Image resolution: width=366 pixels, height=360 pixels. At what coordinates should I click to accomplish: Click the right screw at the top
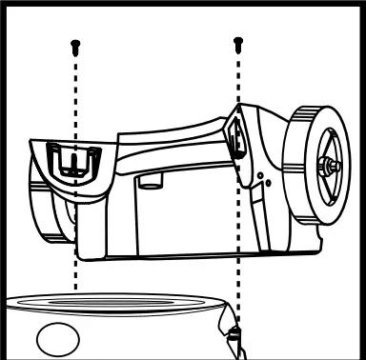tap(237, 42)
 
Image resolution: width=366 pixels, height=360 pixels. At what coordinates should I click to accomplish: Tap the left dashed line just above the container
tap(76, 281)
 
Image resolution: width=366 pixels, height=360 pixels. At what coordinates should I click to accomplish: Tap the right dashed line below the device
tap(238, 286)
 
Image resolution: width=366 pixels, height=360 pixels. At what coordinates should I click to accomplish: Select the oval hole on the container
tap(59, 337)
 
